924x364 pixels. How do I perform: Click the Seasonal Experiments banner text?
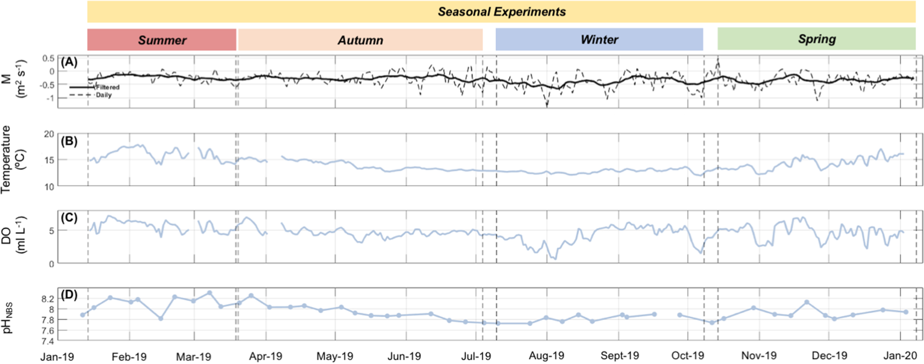tap(502, 12)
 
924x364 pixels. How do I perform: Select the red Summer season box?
tap(162, 40)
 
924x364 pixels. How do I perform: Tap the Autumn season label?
tap(360, 40)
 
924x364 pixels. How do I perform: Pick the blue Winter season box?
tap(599, 39)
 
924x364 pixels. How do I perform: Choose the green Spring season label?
tap(817, 39)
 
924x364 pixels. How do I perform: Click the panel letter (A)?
tap(69, 62)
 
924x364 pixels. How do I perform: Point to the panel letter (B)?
tap(69, 141)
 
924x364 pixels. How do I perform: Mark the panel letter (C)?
tap(69, 218)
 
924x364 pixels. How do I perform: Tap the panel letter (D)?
tap(69, 295)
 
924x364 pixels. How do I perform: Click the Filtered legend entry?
tap(108, 87)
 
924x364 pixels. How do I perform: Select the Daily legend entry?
tap(104, 95)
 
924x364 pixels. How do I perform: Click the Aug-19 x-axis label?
tap(546, 356)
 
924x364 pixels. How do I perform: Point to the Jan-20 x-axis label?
tap(900, 356)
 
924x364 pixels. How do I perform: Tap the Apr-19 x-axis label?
tap(265, 356)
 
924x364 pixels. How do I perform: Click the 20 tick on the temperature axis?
tap(49, 134)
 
